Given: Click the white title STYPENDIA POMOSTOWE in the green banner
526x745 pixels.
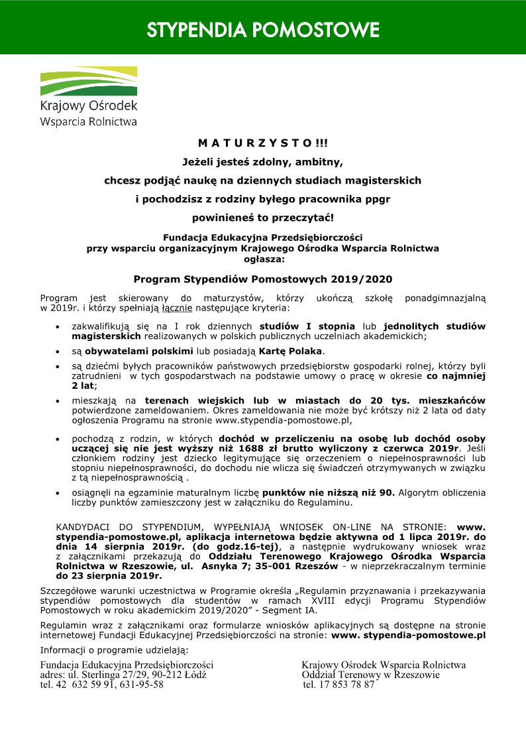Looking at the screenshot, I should click(263, 30).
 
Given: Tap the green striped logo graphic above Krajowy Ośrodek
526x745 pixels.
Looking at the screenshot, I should click(89, 82).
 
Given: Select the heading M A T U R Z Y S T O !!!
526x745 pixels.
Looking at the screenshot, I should click(263, 143).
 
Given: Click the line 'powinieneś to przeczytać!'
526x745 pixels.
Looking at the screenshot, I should click(263, 217).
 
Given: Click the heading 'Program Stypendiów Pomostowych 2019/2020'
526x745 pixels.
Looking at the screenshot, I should click(263, 279).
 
